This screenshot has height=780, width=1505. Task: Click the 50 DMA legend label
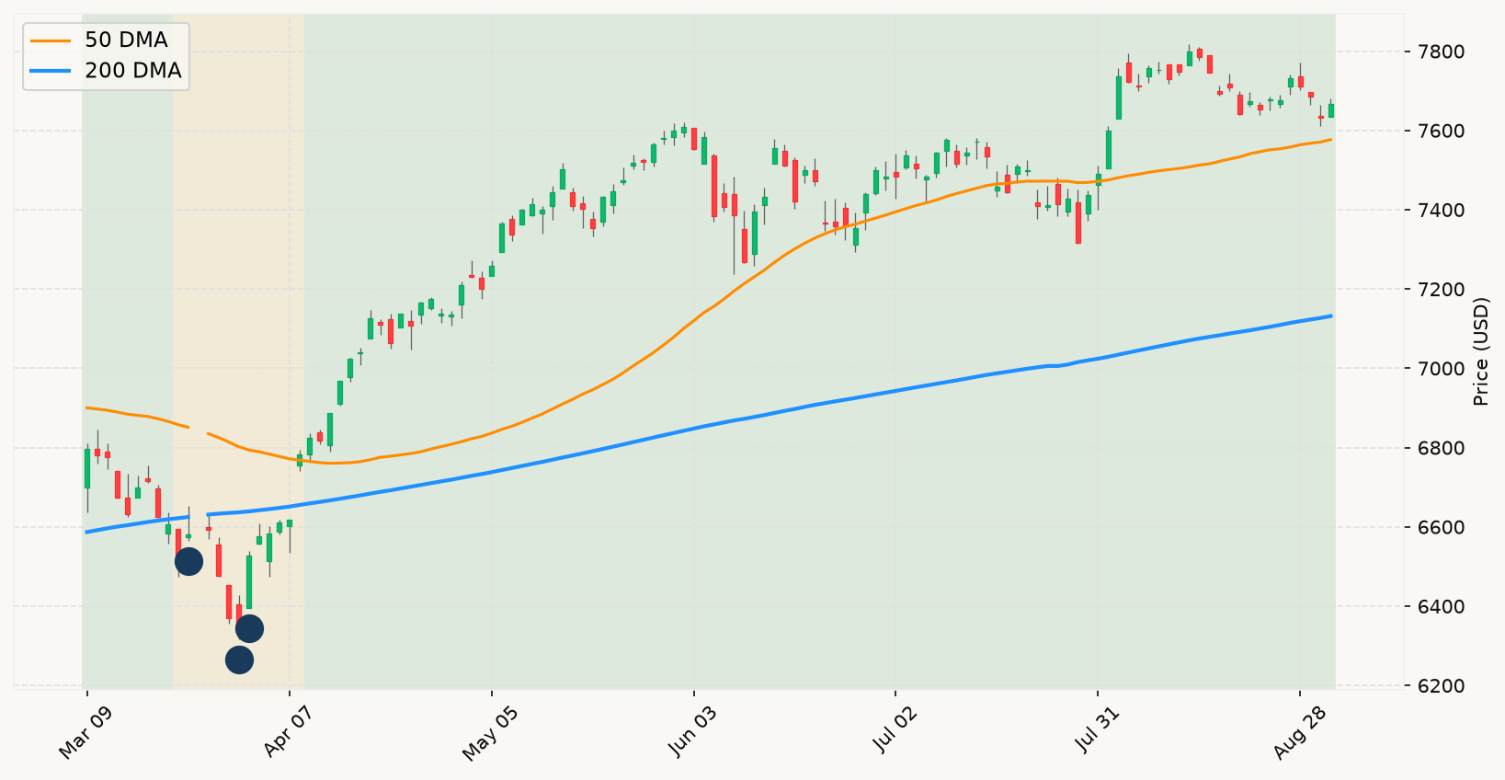(126, 40)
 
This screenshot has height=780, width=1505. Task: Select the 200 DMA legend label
(133, 71)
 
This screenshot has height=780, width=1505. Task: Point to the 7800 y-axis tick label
(1436, 52)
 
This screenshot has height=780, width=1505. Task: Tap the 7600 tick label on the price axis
(1436, 132)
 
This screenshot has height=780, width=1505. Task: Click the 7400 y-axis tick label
(1436, 211)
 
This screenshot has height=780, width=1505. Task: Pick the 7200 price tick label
(1436, 290)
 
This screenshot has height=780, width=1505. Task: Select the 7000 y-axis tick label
(1436, 369)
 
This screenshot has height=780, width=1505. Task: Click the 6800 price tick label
(1436, 448)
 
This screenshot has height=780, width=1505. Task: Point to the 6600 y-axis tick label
(1436, 527)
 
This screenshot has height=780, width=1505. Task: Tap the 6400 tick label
(1436, 606)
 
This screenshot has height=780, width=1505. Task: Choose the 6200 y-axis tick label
(1436, 686)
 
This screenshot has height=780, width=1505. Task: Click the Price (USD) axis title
(1480, 351)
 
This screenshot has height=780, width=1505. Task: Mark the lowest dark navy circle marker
(239, 660)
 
